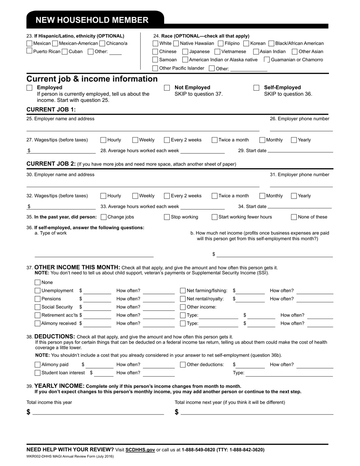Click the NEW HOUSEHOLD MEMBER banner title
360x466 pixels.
(x=92, y=20)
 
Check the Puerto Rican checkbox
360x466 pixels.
(x=30, y=51)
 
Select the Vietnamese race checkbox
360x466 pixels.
(x=218, y=52)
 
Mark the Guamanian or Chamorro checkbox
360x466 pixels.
(x=267, y=59)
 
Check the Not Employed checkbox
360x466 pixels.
(x=167, y=88)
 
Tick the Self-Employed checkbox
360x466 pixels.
(x=257, y=88)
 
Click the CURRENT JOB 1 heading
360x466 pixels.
(x=51, y=109)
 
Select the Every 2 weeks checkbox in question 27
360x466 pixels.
(x=167, y=140)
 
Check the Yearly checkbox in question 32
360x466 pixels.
(x=294, y=196)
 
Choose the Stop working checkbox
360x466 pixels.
(x=167, y=217)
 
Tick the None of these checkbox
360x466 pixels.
(x=294, y=217)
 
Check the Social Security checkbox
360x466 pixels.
(x=38, y=307)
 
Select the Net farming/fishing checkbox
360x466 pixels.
(x=183, y=291)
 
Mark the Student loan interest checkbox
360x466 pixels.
(x=38, y=373)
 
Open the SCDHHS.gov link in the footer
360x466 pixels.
(x=140, y=450)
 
